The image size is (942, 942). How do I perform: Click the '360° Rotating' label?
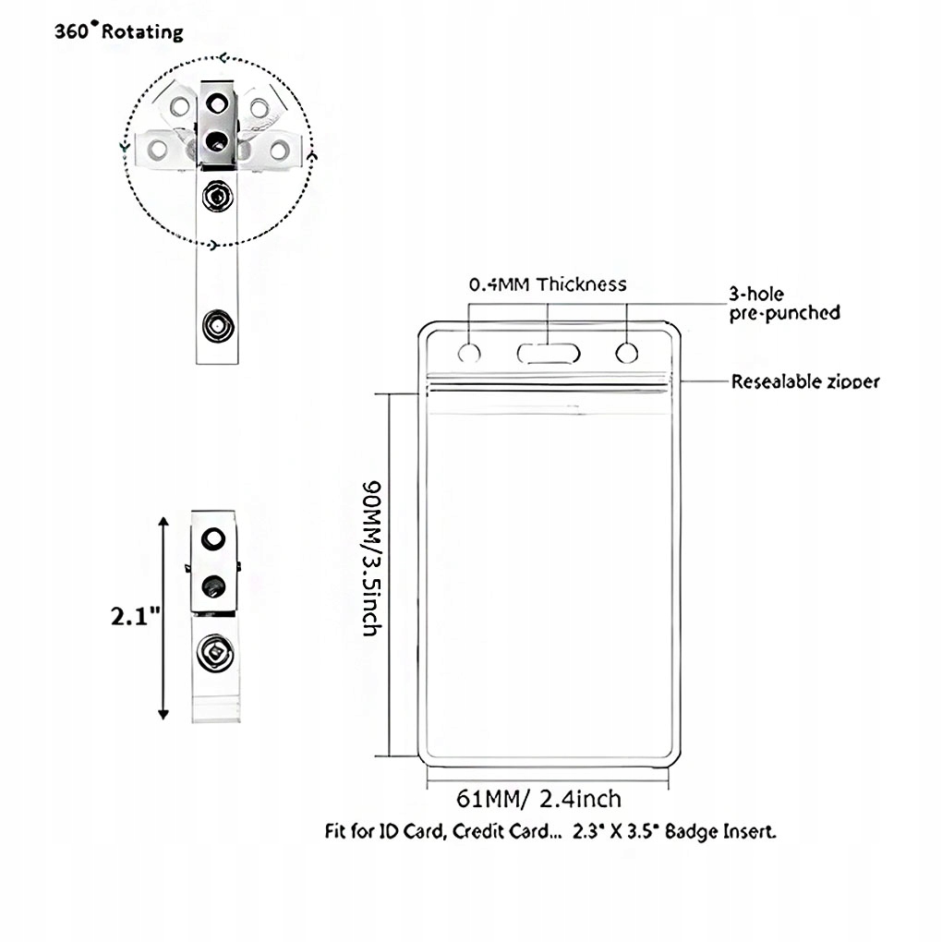click(117, 31)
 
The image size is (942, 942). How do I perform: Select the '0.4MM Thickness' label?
click(547, 284)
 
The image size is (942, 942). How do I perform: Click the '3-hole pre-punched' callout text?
click(784, 303)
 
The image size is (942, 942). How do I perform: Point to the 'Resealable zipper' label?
click(805, 380)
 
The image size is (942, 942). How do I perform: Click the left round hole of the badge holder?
click(470, 352)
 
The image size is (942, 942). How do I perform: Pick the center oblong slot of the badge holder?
click(548, 352)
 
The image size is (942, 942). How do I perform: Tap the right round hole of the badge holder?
click(626, 352)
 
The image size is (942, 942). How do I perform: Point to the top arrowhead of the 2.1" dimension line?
click(163, 523)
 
